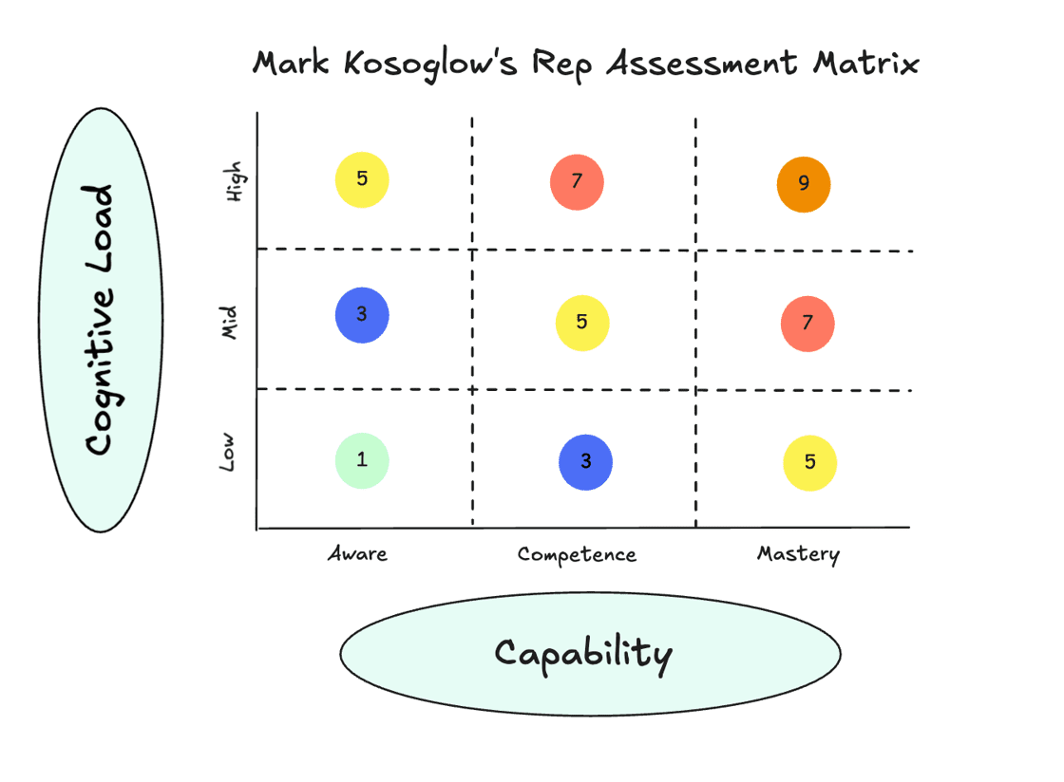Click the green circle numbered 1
click(x=362, y=460)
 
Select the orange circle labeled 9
click(x=804, y=184)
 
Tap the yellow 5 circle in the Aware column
click(x=362, y=179)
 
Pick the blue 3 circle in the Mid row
click(x=362, y=314)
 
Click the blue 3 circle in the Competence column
click(x=585, y=462)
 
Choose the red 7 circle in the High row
click(x=577, y=182)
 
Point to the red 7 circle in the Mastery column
click(x=807, y=324)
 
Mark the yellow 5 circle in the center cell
click(x=581, y=323)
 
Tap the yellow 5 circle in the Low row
click(x=809, y=463)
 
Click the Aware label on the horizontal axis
click(x=357, y=553)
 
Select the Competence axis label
click(x=577, y=554)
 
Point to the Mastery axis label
click(x=798, y=553)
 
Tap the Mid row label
click(x=228, y=323)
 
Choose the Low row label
click(x=228, y=453)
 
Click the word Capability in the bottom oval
click(x=583, y=654)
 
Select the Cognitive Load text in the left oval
click(x=99, y=320)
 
